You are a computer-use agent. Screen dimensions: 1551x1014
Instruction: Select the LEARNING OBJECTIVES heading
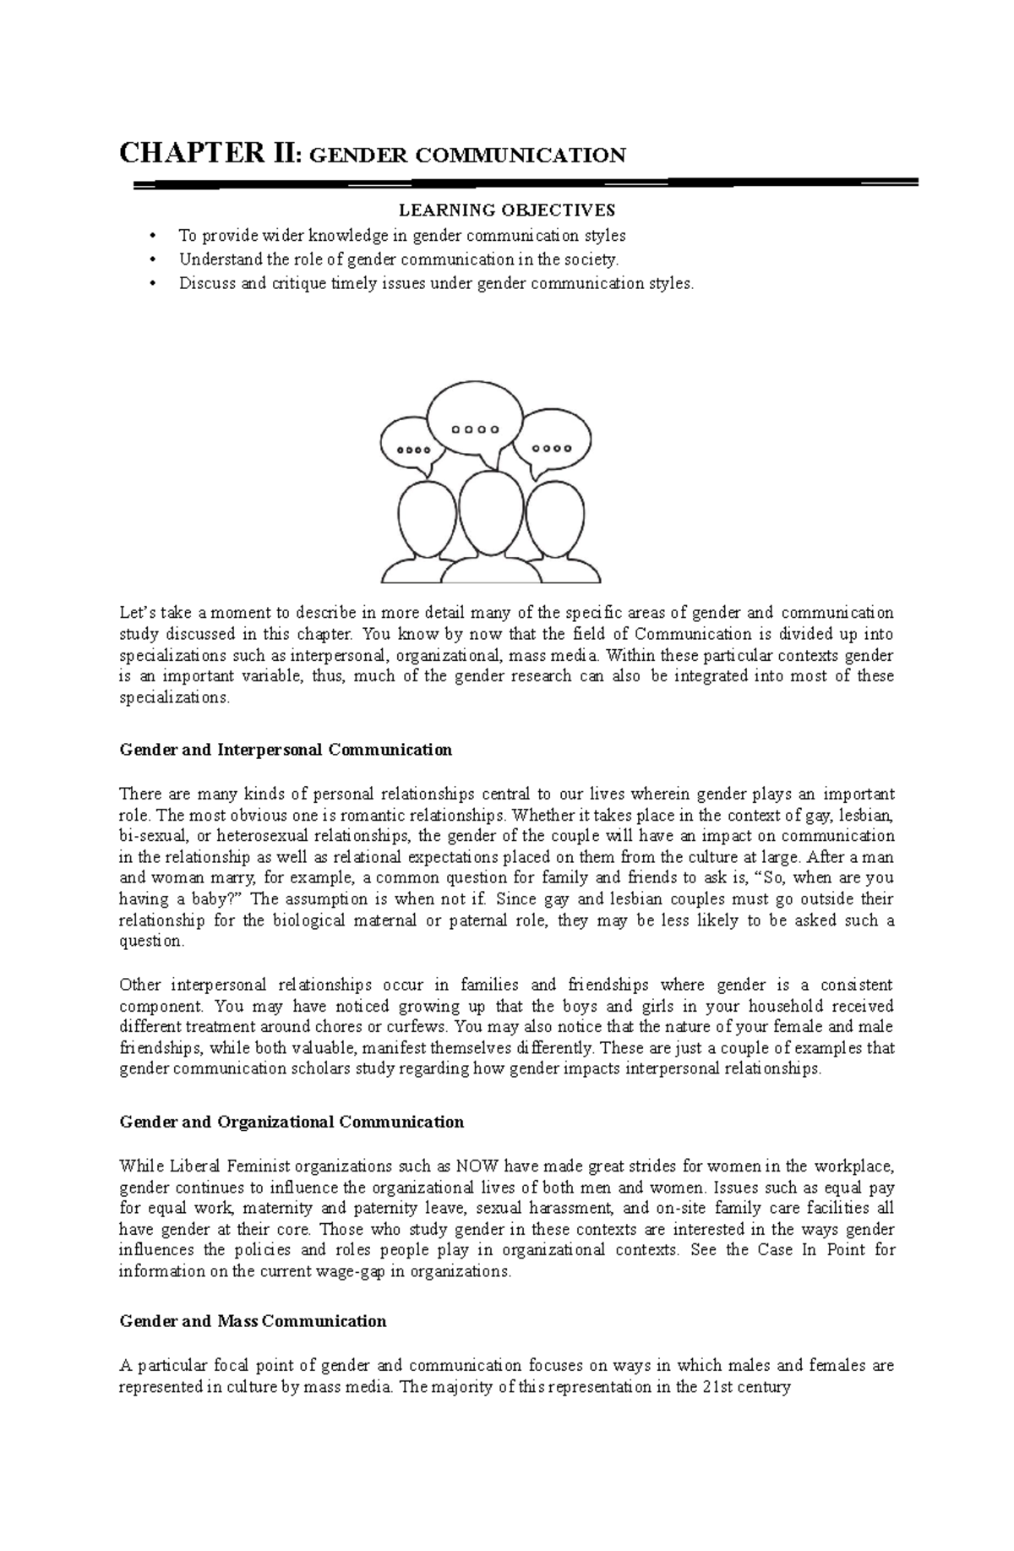[507, 210]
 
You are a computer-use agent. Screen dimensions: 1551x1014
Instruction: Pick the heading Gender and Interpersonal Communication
[286, 750]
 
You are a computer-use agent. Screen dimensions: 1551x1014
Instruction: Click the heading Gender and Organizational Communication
[292, 1122]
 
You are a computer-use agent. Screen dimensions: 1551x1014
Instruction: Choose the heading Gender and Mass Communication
[253, 1321]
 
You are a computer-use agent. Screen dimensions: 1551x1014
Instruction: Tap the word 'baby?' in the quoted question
[221, 899]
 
